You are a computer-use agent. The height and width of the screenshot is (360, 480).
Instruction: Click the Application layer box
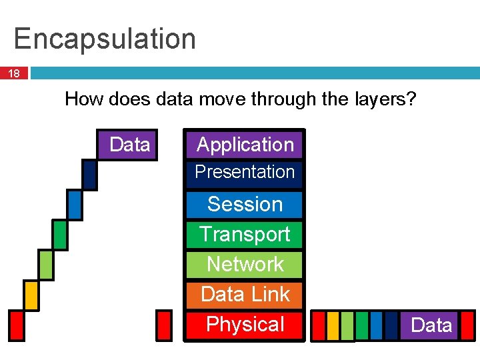(245, 145)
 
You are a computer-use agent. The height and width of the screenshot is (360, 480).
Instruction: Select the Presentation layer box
(245, 173)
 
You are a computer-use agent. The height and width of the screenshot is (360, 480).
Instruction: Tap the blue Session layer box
(245, 204)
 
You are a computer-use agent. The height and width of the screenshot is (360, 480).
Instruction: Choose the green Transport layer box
(245, 234)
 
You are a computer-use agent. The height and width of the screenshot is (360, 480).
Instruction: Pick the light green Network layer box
(245, 264)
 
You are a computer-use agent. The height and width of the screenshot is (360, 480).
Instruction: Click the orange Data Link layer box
(245, 294)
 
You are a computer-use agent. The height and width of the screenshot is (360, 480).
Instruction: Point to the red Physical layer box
(245, 325)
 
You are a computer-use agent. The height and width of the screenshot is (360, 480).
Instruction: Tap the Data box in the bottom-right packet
(431, 325)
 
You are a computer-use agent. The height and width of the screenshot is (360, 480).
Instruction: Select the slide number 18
(14, 73)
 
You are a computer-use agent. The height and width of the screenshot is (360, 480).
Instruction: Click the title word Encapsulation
(105, 39)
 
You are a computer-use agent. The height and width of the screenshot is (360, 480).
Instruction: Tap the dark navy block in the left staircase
(89, 175)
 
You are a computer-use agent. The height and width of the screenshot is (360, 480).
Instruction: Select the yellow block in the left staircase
(31, 294)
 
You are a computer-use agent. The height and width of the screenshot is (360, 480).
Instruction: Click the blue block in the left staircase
(75, 204)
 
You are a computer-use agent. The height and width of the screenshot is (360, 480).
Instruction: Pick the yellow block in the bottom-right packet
(333, 325)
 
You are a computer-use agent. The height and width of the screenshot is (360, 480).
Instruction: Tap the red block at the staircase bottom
(16, 325)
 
